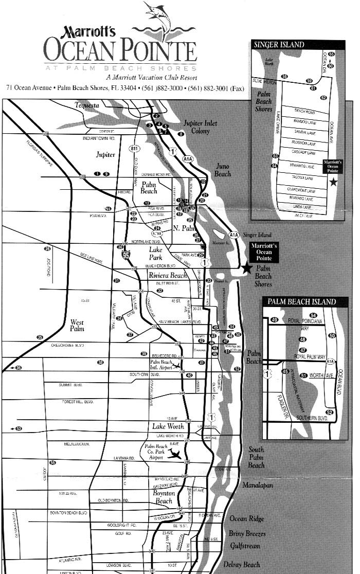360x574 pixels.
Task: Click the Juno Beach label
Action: coord(223,170)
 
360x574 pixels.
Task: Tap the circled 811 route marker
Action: coord(134,148)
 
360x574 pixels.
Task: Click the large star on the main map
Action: coord(247,267)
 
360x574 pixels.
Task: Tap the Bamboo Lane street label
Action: coord(304,122)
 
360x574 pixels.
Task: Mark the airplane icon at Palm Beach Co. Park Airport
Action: coord(175,455)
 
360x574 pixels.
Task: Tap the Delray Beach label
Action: coord(241,564)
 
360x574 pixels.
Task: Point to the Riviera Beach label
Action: coord(168,276)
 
